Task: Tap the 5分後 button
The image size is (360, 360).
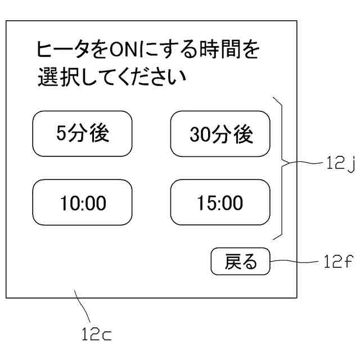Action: click(82, 134)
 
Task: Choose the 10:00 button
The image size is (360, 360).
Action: click(82, 202)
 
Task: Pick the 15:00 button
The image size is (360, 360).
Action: click(220, 202)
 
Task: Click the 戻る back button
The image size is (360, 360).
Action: click(240, 262)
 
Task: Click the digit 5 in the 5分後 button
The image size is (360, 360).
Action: click(61, 134)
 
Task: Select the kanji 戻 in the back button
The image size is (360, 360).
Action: click(233, 262)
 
